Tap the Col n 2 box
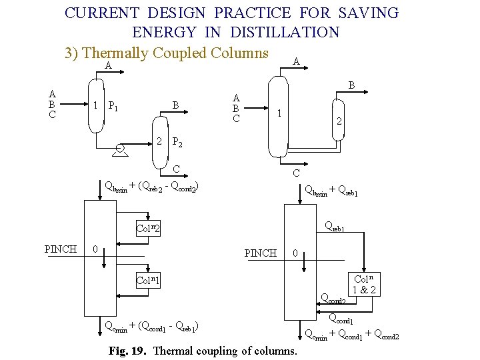pyautogui.click(x=149, y=228)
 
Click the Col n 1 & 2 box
pyautogui.click(x=366, y=285)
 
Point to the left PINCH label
pyautogui.click(x=60, y=249)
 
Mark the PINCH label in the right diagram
pyautogui.click(x=261, y=253)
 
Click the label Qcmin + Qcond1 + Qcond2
pyautogui.click(x=351, y=335)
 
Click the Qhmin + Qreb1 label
pyautogui.click(x=331, y=193)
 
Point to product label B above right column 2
pyautogui.click(x=352, y=85)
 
